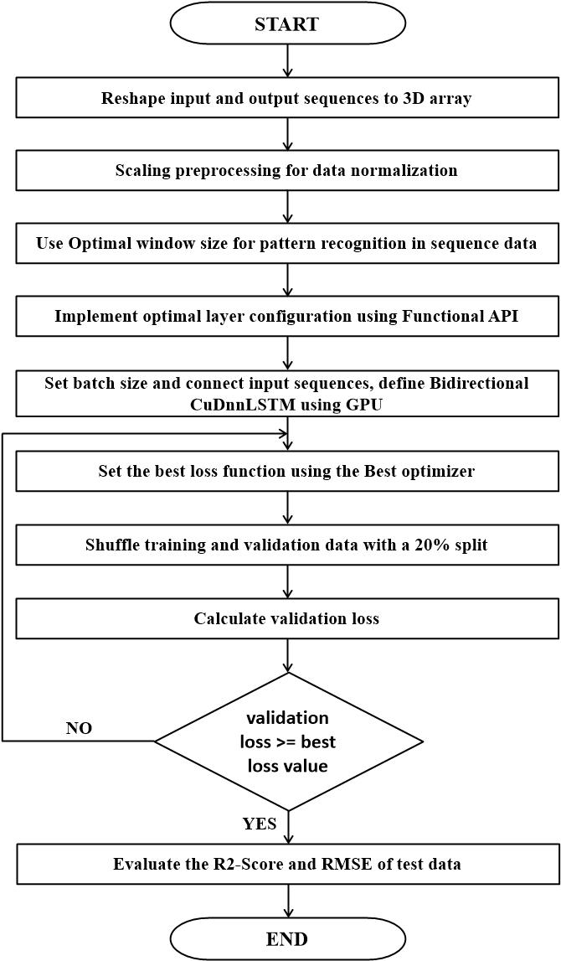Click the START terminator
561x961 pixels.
coord(286,24)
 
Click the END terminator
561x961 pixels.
coord(286,938)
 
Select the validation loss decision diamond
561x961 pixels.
coord(288,741)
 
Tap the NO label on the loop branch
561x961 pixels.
coord(79,728)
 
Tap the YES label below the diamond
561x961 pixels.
coord(260,824)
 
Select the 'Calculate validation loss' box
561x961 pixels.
coord(286,619)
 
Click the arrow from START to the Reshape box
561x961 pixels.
coord(286,60)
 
